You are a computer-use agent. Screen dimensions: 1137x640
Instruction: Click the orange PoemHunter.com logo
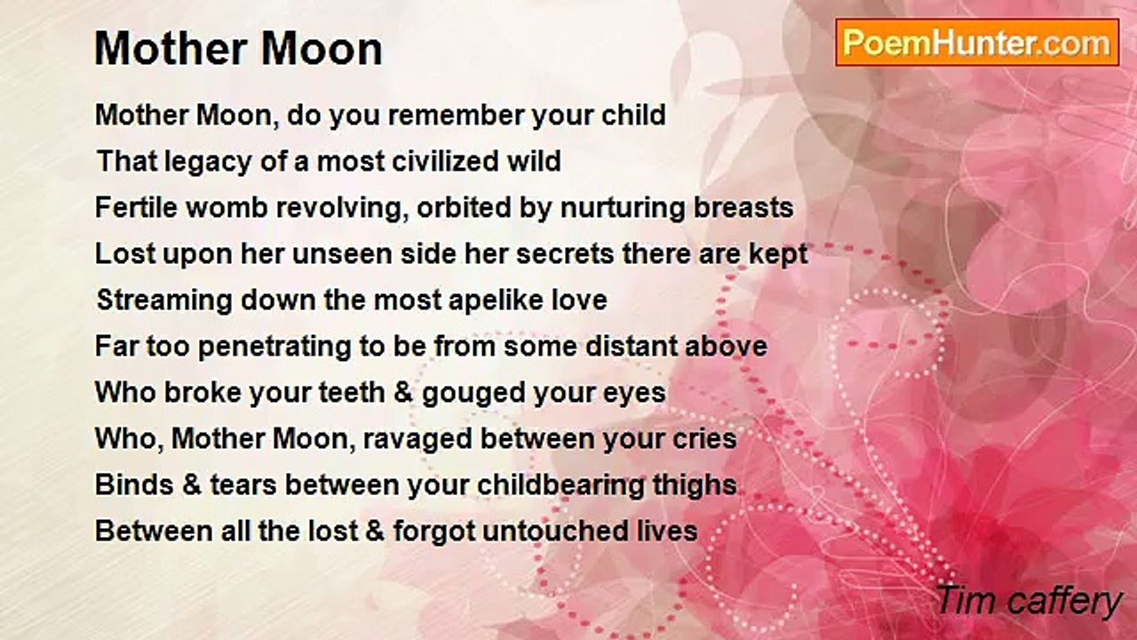pyautogui.click(x=977, y=43)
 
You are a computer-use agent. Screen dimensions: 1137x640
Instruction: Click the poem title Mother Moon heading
pyautogui.click(x=238, y=49)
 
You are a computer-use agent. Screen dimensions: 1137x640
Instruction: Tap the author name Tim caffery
pyautogui.click(x=1029, y=601)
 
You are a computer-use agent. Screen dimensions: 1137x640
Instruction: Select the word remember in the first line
pyautogui.click(x=457, y=115)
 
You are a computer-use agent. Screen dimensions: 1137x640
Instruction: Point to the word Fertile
pyautogui.click(x=136, y=207)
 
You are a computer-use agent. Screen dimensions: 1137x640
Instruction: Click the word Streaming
pyautogui.click(x=165, y=300)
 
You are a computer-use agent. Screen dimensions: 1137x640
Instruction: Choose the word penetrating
pyautogui.click(x=274, y=347)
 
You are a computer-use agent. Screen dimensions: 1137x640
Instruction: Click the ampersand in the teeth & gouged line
pyautogui.click(x=403, y=393)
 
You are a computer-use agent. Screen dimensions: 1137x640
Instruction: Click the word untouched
pyautogui.click(x=555, y=532)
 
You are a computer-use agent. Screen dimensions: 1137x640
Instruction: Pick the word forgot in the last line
pyautogui.click(x=434, y=532)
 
